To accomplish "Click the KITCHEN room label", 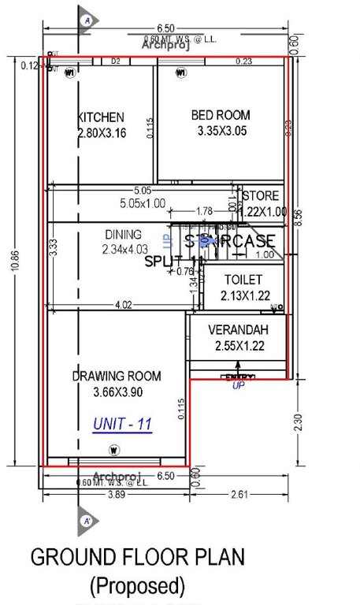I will pos(100,117).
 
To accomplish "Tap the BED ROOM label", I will pos(220,115).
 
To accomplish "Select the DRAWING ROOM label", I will pos(117,376).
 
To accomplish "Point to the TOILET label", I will pos(243,280).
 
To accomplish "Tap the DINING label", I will pos(123,234).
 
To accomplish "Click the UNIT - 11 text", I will pos(122,424).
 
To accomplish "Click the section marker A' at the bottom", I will pos(87,521).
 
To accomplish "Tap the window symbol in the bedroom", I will pos(180,74).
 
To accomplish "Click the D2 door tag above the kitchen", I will pos(116,61).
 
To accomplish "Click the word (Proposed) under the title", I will pos(138,586).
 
